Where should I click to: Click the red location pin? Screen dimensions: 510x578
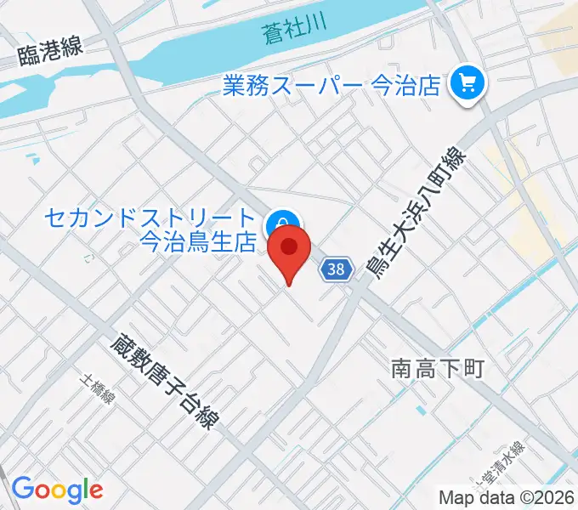[x=289, y=252]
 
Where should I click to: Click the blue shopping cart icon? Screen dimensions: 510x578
[x=467, y=83]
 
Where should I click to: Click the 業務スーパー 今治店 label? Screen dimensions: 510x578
[x=331, y=85]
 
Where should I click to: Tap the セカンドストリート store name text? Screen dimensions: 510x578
[x=150, y=219]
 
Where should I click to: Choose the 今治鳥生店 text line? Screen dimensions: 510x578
[x=197, y=242]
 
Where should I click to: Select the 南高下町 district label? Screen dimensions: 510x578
[x=437, y=368]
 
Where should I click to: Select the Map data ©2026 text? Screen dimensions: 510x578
[x=506, y=496]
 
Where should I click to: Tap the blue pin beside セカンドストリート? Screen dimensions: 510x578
[x=281, y=225]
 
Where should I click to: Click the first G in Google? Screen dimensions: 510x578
[x=22, y=489]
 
